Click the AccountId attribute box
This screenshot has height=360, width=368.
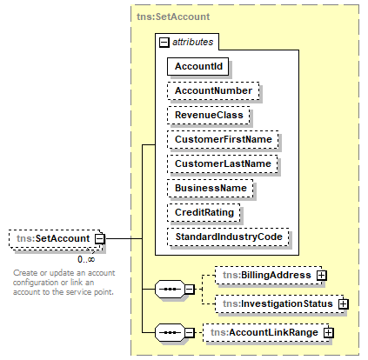pos(197,66)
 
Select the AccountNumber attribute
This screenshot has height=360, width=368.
pos(213,91)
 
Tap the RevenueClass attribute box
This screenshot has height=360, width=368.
pos(209,116)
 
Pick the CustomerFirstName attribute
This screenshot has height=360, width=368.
pos(223,140)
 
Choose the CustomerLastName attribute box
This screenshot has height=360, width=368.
pos(223,164)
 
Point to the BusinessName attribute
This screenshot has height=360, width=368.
pos(211,189)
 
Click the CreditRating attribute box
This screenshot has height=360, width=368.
pos(204,213)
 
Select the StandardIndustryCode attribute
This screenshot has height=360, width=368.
pos(228,237)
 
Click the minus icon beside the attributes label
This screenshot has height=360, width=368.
pos(164,43)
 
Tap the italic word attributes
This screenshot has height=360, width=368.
pos(193,43)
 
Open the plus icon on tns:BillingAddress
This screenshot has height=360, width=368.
pos(321,276)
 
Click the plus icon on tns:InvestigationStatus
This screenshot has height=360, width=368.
pos(344,303)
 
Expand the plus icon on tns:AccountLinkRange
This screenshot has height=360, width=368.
pos(328,332)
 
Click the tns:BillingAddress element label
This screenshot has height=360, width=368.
pos(267,275)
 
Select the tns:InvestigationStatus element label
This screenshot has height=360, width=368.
pos(278,303)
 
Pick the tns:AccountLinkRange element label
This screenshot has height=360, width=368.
pos(264,332)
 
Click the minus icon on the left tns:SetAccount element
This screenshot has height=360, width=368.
pos(100,239)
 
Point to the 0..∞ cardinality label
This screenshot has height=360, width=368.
pos(86,259)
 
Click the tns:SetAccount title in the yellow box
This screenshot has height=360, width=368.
pos(173,17)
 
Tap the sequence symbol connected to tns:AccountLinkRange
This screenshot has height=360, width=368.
pos(170,332)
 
